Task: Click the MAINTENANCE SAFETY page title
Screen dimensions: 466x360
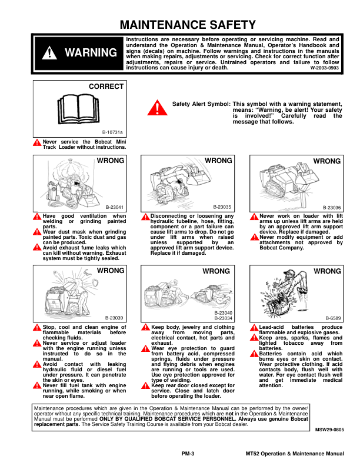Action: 188,25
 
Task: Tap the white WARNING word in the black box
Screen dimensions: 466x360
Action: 91,52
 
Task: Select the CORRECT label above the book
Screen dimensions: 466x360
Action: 106,86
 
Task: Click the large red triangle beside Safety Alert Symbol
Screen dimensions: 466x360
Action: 156,108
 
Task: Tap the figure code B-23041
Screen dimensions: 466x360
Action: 115,208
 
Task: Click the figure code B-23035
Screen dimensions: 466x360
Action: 223,208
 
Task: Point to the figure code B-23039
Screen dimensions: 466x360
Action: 115,318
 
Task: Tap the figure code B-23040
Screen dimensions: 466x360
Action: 223,313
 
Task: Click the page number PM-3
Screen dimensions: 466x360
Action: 188,454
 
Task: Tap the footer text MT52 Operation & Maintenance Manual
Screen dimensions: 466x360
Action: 294,454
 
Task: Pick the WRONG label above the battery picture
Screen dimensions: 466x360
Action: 327,271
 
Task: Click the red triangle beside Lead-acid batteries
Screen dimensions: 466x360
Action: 254,327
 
